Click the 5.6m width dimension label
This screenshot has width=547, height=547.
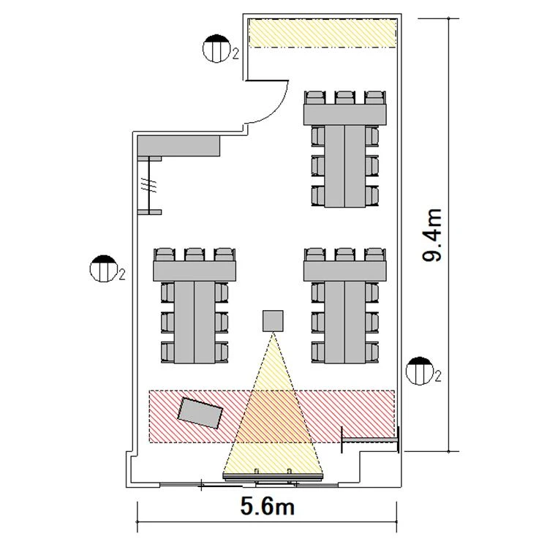tap(268, 507)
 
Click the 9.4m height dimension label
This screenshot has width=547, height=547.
tap(432, 235)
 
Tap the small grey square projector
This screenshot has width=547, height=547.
tap(273, 321)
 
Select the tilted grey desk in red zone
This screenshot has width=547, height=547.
tap(200, 413)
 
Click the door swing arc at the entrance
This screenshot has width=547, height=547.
tap(280, 109)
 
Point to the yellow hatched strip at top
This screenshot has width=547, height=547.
tap(322, 33)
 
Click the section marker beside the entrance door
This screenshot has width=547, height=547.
tap(216, 48)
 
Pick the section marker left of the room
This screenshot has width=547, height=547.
tap(103, 268)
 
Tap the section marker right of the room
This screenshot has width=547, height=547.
tap(420, 371)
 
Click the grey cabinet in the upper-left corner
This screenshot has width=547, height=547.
tap(178, 146)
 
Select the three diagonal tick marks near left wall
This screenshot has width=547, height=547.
tap(148, 185)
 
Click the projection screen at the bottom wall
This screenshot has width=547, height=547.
tap(273, 476)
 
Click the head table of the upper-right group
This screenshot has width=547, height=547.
tap(344, 114)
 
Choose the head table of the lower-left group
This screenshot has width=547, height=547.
tap(195, 271)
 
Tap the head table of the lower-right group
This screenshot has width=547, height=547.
tap(344, 271)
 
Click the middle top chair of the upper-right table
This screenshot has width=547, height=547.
tap(344, 97)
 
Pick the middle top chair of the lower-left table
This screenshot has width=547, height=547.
tap(195, 254)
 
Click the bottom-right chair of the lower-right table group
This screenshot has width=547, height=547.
tap(372, 352)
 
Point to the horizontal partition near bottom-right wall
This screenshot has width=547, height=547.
tap(370, 441)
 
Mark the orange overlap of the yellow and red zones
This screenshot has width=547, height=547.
tap(273, 417)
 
